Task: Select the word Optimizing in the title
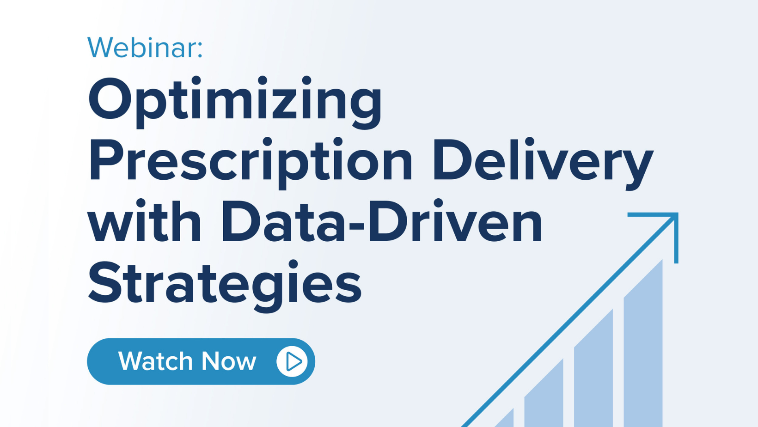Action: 235,103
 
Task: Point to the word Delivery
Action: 543,164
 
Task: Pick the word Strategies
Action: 225,286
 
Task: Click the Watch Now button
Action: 201,361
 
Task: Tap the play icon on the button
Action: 292,361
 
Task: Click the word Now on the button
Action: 229,361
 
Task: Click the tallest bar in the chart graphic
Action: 643,343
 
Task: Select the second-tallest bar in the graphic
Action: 593,368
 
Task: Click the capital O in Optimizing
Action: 110,98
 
